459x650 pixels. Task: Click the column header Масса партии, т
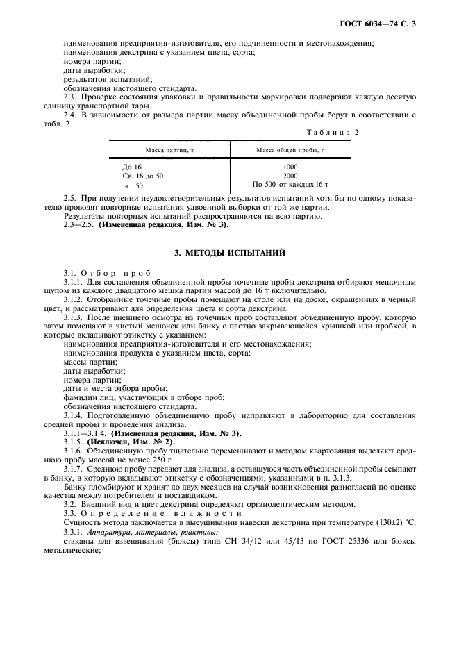tap(166, 150)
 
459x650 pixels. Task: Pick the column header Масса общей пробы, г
tap(290, 150)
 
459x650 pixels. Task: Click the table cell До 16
tap(131, 167)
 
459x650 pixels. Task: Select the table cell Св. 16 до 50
tap(143, 176)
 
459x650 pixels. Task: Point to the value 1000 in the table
tap(290, 167)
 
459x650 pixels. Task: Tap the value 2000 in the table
tap(290, 176)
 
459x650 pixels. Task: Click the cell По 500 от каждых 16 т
tap(290, 185)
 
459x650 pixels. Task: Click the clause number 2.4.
tap(70, 114)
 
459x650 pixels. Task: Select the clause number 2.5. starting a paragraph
tap(70, 198)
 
